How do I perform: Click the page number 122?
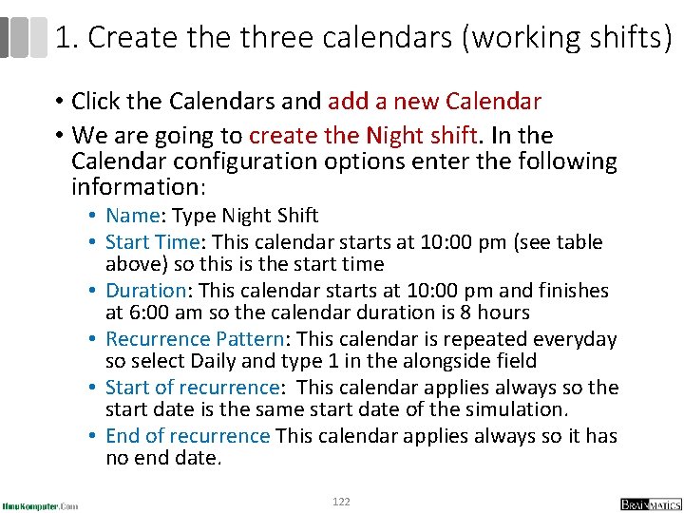tap(341, 502)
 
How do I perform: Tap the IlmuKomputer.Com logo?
tap(40, 504)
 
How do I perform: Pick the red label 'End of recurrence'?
tap(188, 436)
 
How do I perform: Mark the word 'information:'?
tap(132, 186)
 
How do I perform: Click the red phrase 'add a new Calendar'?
tap(434, 102)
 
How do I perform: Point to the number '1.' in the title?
tap(66, 38)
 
